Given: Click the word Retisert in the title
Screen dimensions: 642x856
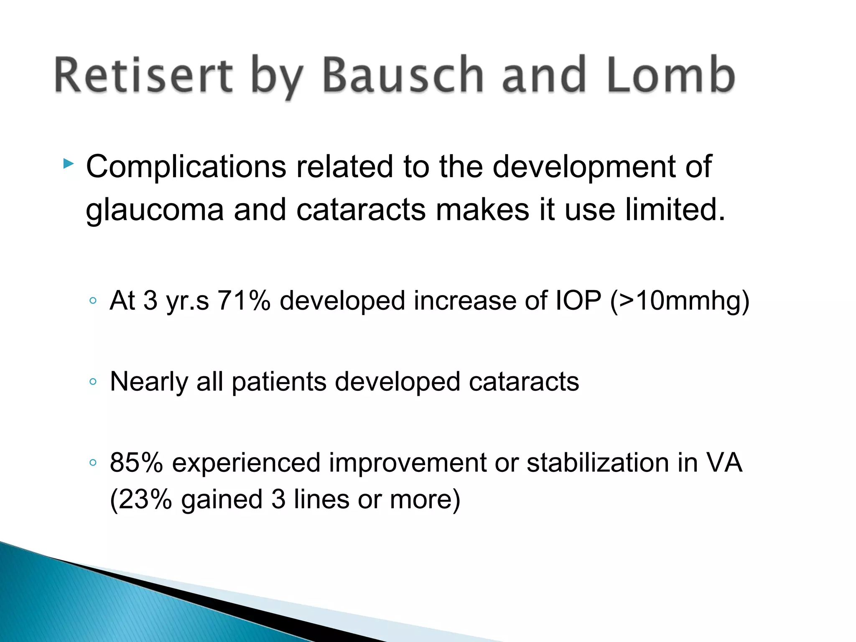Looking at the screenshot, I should (143, 75).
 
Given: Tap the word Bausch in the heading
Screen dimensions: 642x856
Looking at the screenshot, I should (403, 75).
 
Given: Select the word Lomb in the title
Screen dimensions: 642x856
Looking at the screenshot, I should (671, 75).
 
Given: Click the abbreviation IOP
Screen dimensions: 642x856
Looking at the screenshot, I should (578, 300).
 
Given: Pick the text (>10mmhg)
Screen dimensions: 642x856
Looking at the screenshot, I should (680, 301).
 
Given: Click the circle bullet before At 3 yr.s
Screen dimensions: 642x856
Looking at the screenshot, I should (93, 301).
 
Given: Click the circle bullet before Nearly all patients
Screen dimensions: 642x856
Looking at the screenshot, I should (93, 381).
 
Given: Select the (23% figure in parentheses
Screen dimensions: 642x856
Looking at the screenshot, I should (141, 499).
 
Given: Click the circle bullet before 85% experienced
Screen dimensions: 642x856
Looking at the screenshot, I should (93, 462).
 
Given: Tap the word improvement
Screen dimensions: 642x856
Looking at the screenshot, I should (408, 463).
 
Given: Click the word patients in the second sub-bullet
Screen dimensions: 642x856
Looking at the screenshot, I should (279, 382).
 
